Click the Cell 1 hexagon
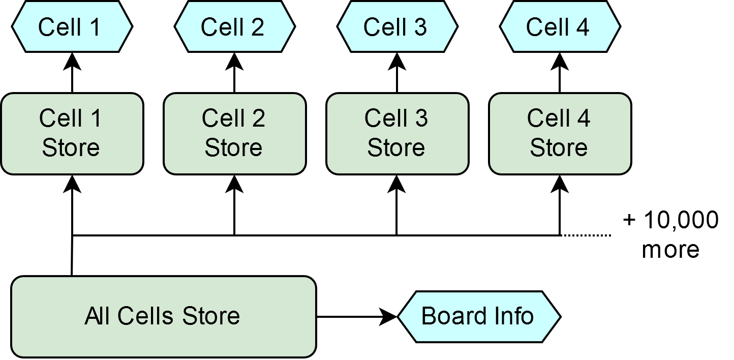(72, 26)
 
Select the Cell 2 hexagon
(234, 26)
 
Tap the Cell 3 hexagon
(397, 26)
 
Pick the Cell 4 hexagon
(560, 26)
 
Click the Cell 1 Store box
(72, 134)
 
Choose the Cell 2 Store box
(234, 134)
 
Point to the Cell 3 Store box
(397, 134)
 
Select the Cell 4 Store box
(560, 134)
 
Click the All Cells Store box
(163, 316)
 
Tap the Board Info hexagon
(478, 316)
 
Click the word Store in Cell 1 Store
(71, 148)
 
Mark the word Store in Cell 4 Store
(559, 148)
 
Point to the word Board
(453, 316)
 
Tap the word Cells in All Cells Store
(147, 316)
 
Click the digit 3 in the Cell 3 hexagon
(420, 27)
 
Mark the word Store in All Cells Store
(211, 316)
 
